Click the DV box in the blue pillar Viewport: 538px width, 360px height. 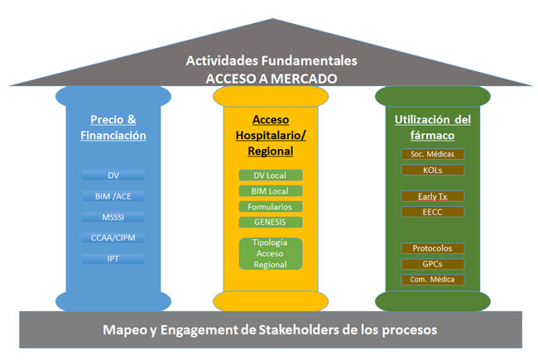tap(113, 175)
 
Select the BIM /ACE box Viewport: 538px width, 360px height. tap(113, 196)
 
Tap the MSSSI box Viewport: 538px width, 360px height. tap(113, 217)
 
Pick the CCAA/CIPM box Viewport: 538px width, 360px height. tap(113, 238)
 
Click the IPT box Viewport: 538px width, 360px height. tap(113, 258)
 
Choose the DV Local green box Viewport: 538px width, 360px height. tap(271, 175)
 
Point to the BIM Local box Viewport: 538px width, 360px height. tap(271, 191)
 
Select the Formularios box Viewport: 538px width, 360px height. tap(271, 207)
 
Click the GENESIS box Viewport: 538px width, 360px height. tap(271, 222)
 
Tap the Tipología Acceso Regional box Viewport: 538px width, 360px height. tap(271, 253)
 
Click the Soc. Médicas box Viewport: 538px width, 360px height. tap(432, 154)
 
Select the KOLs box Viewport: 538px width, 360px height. tap(432, 170)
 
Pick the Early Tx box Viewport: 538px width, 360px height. tap(432, 196)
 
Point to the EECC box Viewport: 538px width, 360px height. tap(432, 212)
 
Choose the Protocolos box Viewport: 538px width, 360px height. tap(432, 248)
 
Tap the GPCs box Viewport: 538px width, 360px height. tap(432, 264)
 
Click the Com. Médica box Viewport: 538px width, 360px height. tap(432, 280)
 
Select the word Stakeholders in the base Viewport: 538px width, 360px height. tap(299, 330)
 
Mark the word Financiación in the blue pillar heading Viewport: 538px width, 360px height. tap(113, 135)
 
